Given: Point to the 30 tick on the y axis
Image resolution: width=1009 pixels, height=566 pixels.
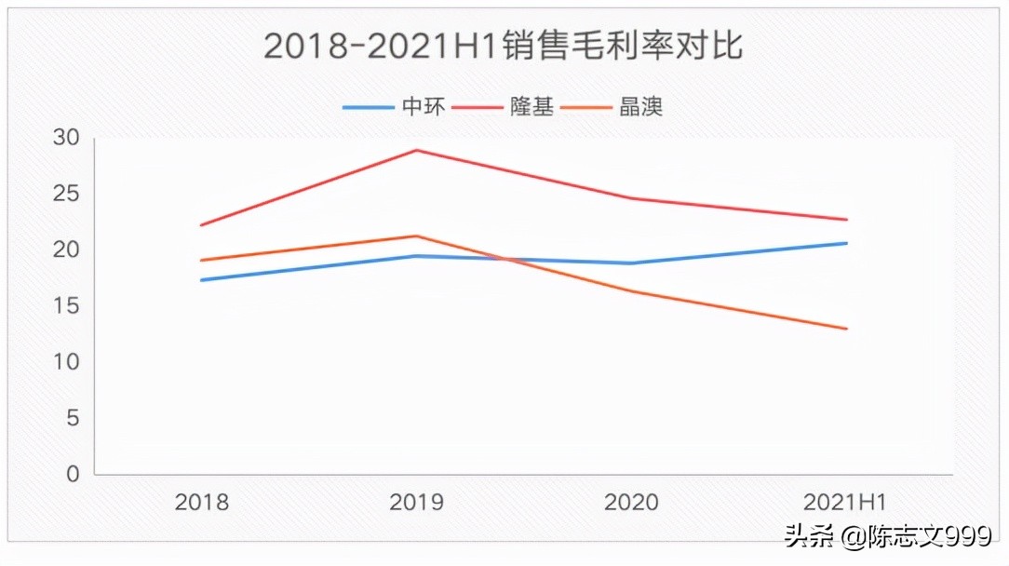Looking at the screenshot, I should click(66, 138).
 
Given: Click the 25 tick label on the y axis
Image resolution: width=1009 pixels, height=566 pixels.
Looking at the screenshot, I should click(66, 194).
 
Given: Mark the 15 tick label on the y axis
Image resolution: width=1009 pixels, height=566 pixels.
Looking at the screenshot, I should click(66, 306).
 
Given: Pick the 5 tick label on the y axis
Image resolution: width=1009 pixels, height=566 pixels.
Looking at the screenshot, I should click(73, 418).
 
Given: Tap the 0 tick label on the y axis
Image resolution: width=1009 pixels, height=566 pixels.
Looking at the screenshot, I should click(73, 474).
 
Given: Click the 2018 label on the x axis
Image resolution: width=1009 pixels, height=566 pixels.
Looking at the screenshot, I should click(202, 503).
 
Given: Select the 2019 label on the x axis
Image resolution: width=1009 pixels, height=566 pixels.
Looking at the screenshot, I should click(416, 503).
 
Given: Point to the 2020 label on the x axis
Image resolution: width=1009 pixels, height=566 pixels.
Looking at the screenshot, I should click(631, 503).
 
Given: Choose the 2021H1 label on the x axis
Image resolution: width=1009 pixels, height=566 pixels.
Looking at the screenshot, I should click(844, 503).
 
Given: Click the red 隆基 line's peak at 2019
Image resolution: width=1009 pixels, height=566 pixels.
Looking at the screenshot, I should click(416, 150).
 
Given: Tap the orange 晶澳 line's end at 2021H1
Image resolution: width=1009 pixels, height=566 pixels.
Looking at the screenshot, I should click(846, 329).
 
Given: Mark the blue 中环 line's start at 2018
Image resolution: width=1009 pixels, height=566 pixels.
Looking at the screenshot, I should click(202, 280).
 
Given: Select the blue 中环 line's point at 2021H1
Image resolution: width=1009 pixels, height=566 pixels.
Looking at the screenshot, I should click(846, 243).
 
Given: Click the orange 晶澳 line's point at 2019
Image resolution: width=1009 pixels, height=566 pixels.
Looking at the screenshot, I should click(416, 236).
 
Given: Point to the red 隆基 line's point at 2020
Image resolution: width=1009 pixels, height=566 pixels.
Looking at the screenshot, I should click(631, 198).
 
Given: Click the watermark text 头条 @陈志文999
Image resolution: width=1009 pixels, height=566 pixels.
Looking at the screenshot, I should click(887, 536).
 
